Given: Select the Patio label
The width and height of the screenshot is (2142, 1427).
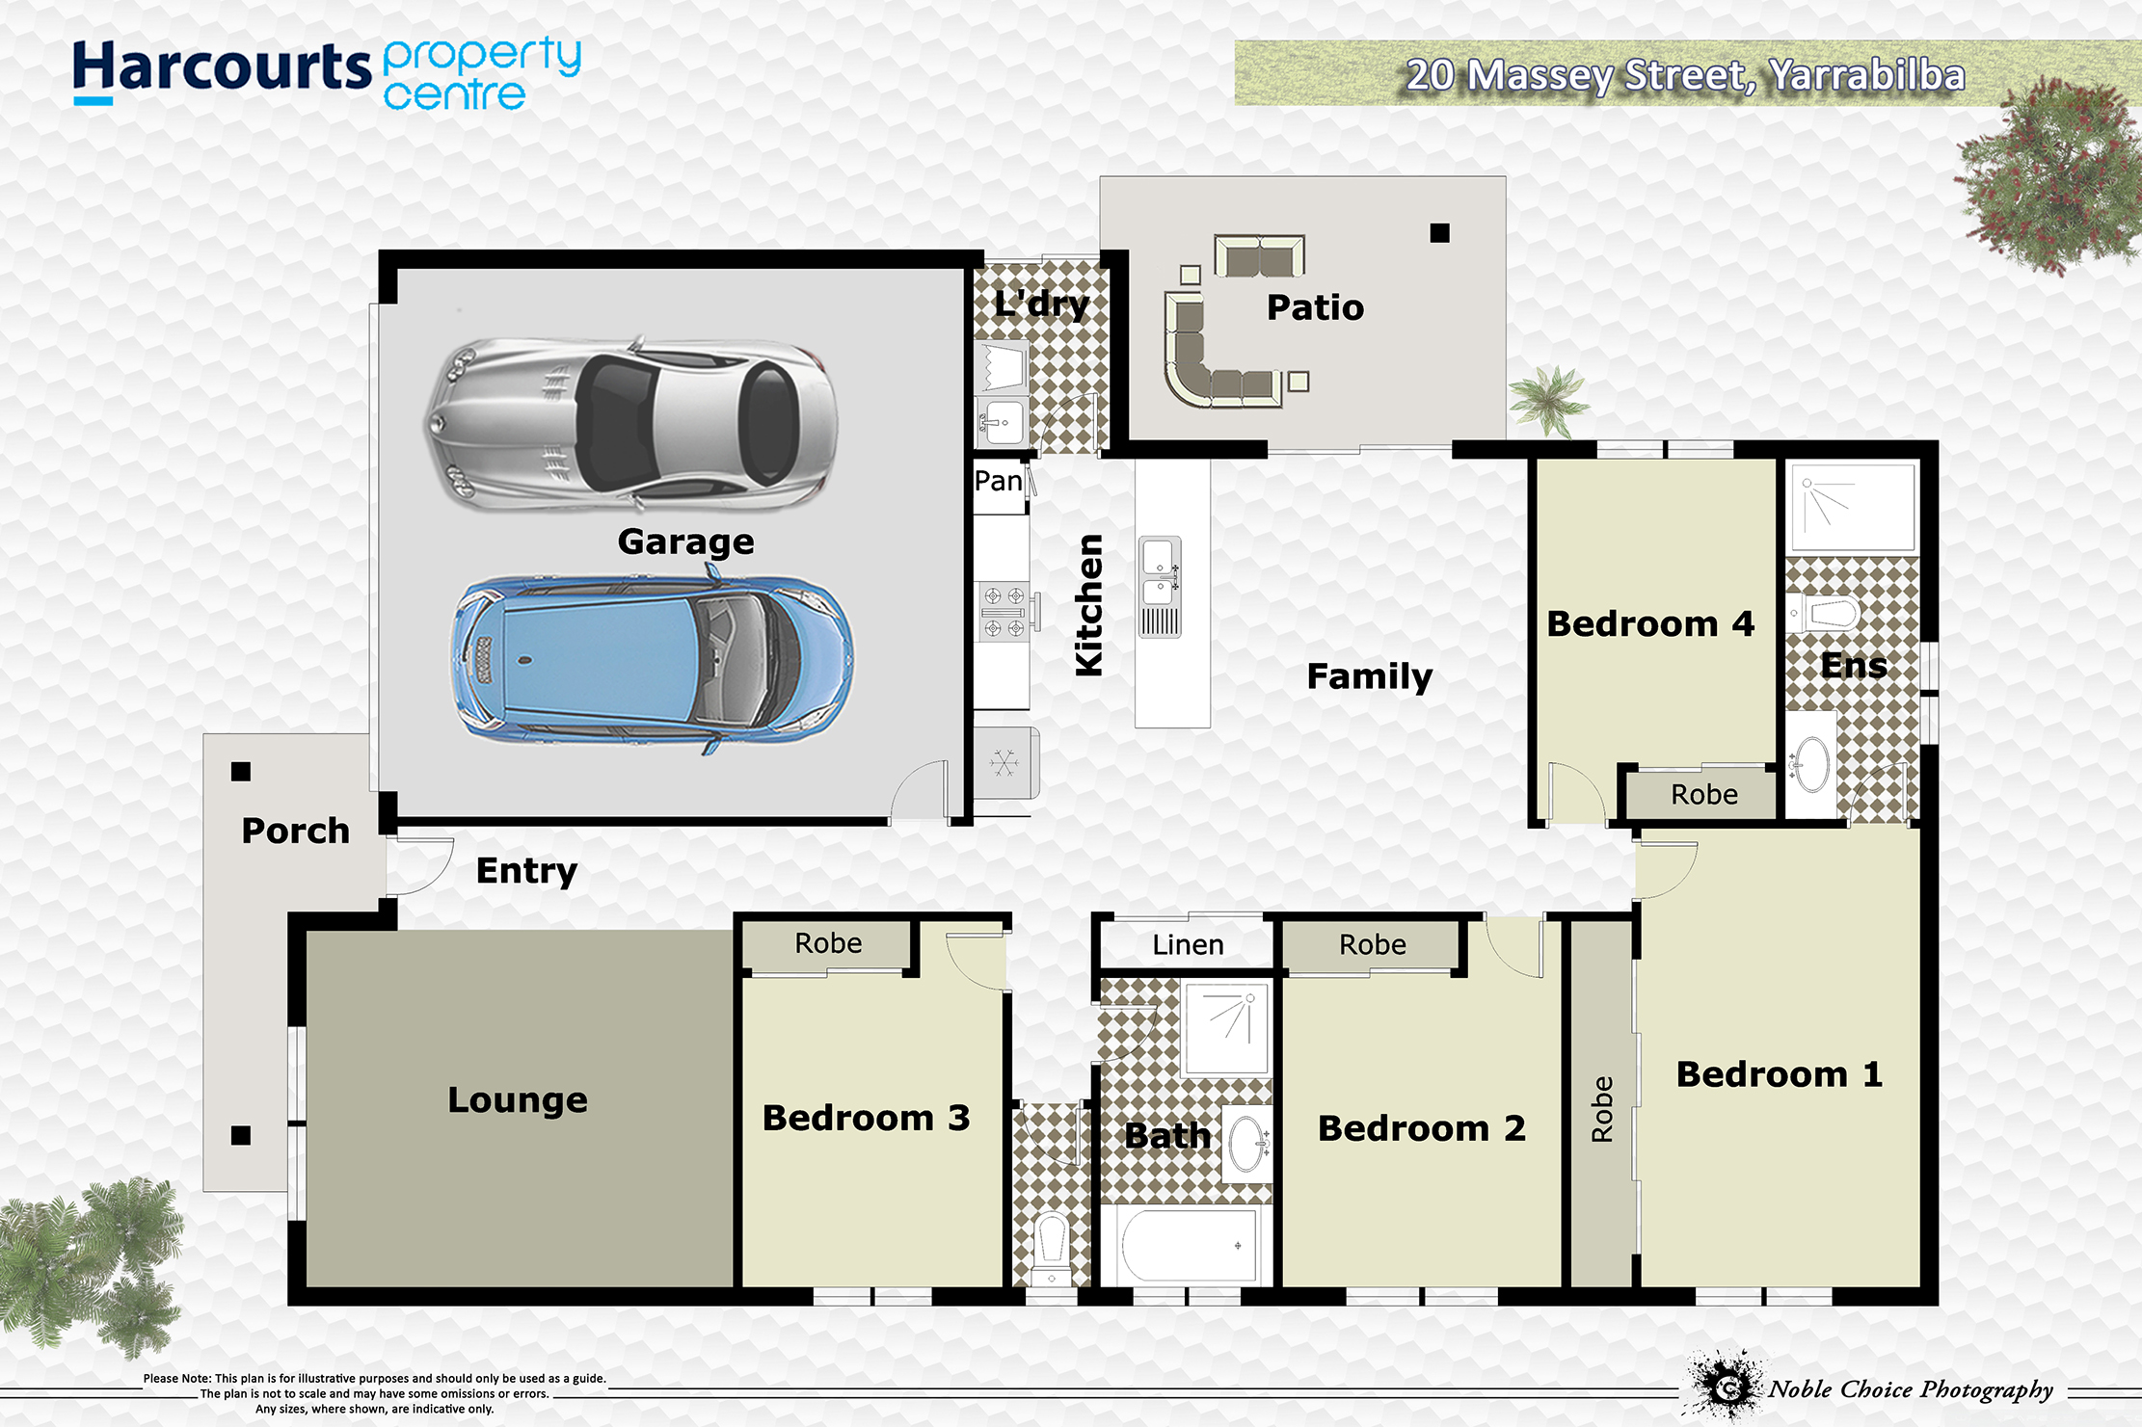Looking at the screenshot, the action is (x=1315, y=307).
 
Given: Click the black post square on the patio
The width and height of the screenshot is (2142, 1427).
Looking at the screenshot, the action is (x=1439, y=232).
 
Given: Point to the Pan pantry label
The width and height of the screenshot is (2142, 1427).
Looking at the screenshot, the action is (x=998, y=481).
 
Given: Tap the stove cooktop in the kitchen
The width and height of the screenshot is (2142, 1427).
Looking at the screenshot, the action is (x=1004, y=612).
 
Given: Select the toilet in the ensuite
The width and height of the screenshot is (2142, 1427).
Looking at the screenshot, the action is (x=1824, y=612).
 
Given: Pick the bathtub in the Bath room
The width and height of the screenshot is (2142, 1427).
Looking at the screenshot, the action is (x=1188, y=1245).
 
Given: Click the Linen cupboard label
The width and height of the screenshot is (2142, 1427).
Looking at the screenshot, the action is (x=1188, y=945).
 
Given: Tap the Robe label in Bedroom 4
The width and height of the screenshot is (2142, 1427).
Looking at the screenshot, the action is (x=1704, y=795).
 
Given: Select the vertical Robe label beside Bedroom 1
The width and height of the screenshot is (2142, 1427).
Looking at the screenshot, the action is (x=1602, y=1109).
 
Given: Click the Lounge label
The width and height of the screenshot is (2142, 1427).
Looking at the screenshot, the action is (x=518, y=1100).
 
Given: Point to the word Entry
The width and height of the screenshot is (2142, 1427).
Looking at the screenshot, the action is (x=526, y=871).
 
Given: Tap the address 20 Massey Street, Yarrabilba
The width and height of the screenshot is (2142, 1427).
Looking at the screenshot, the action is (x=1685, y=75).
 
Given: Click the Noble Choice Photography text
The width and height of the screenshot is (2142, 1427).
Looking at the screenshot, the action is (x=1911, y=1389).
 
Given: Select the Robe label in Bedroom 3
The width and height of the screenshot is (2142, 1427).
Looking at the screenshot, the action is (x=828, y=943).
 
